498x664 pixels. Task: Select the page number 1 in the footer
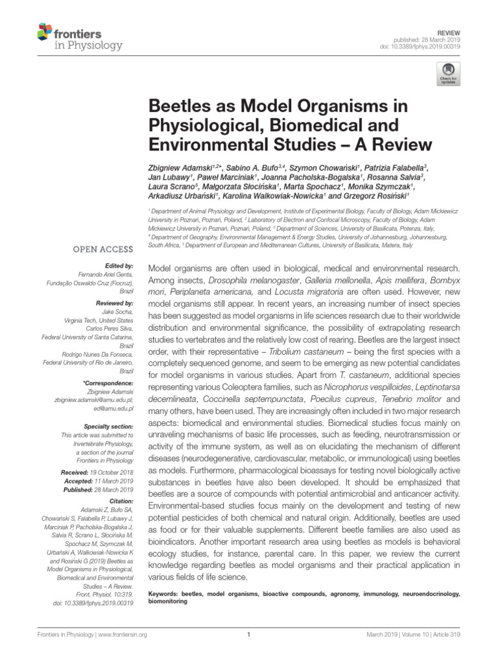coord(249,635)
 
